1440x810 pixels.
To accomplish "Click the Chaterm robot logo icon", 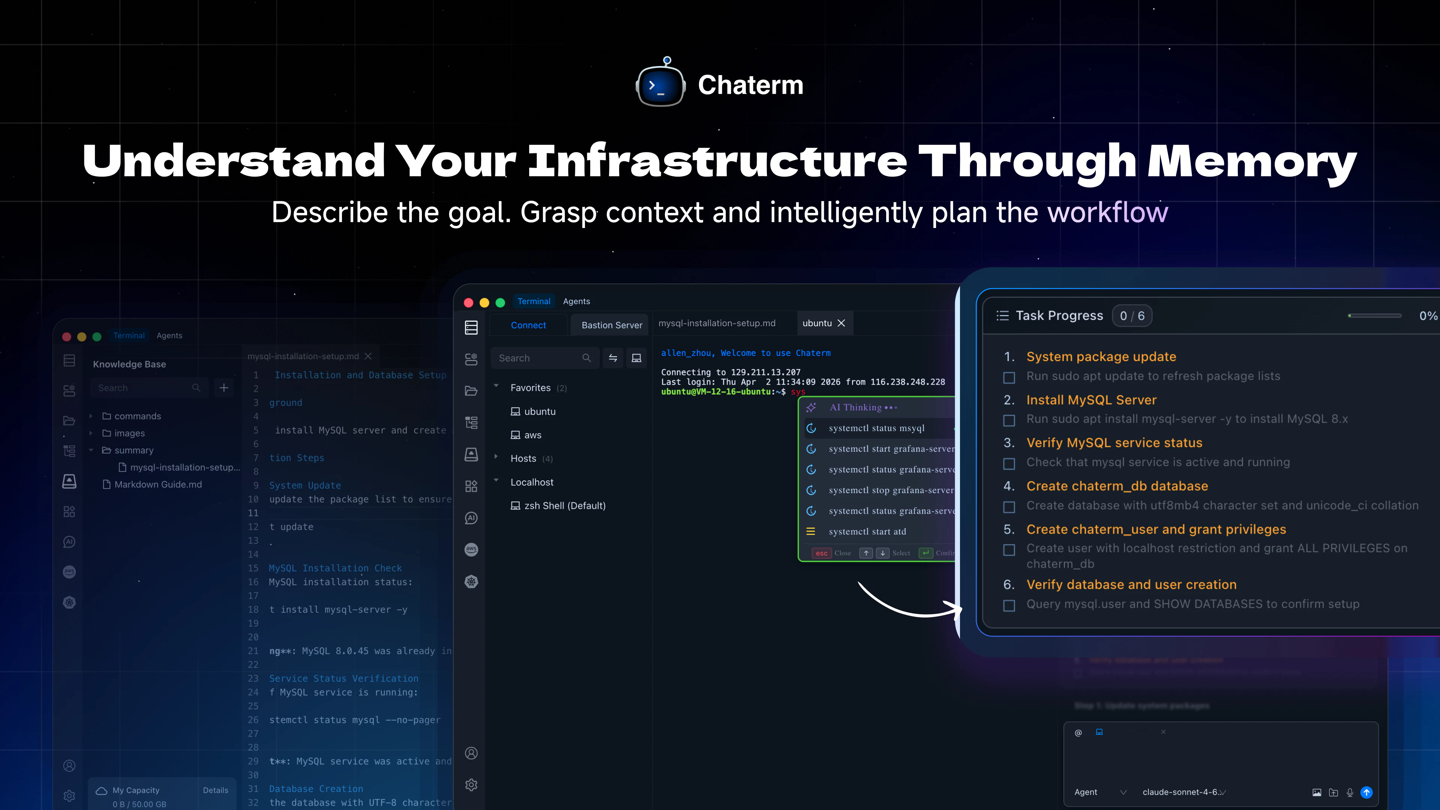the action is point(661,84).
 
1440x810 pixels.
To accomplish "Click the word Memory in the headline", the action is point(1252,161).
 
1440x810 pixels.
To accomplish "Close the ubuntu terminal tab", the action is point(841,323).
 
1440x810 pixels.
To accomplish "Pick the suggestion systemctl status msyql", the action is point(876,428).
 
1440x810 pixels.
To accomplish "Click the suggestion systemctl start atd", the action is point(867,532).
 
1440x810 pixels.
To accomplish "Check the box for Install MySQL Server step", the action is point(1009,420).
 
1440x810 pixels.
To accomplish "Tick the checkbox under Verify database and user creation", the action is point(1009,605).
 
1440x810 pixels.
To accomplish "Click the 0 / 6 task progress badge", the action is point(1132,316).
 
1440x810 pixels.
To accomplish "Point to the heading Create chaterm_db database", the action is point(1117,486).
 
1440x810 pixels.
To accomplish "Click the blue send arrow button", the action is point(1366,792).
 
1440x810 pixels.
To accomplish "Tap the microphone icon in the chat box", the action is point(1350,792).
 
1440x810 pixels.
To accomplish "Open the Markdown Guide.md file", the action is point(157,484).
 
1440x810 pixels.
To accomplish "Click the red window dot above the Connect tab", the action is point(468,302).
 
